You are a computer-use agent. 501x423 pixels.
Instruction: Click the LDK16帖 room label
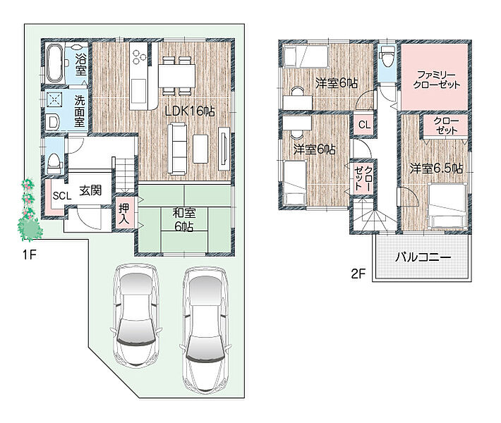click(x=190, y=111)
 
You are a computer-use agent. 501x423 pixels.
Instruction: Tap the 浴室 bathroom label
click(x=81, y=65)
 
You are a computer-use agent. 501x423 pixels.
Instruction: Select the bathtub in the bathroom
click(x=54, y=63)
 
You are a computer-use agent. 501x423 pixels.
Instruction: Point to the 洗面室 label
click(x=80, y=111)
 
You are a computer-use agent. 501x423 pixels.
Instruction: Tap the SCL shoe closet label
click(x=62, y=195)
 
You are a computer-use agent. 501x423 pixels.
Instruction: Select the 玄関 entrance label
click(x=90, y=190)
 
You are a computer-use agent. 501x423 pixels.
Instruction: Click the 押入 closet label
click(x=124, y=214)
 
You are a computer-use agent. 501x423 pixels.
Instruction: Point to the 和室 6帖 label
click(x=183, y=220)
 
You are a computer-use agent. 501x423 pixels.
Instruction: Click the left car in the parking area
click(x=137, y=315)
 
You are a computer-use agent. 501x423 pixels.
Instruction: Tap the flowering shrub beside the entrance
click(x=30, y=210)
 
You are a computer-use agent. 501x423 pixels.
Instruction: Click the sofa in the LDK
click(x=177, y=149)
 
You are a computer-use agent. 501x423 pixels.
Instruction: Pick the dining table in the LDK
click(x=176, y=75)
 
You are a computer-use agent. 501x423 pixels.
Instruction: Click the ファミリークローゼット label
click(x=437, y=80)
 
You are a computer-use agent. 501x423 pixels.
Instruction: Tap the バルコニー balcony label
click(x=423, y=257)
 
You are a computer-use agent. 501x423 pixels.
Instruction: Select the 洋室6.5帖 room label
click(x=436, y=168)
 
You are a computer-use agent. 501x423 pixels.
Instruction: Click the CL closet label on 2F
click(x=364, y=125)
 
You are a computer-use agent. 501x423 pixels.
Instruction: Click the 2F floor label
click(x=358, y=274)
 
